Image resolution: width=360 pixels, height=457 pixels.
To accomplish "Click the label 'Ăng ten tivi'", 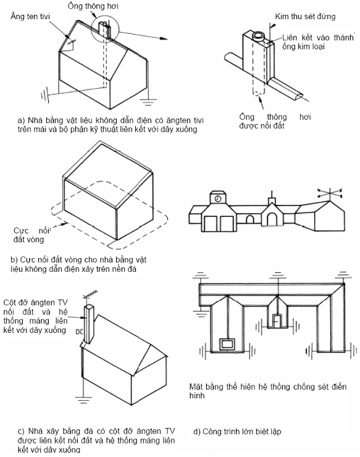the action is click(x=30, y=16).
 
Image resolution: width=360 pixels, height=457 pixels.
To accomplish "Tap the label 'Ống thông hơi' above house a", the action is click(x=93, y=6).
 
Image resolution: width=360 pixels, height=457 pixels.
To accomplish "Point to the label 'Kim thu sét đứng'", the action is click(x=305, y=16).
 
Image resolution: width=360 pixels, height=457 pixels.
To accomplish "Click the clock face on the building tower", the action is click(x=218, y=198).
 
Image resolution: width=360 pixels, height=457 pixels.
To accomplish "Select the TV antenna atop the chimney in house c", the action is click(x=90, y=296).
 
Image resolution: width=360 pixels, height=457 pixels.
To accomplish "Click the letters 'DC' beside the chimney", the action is click(x=79, y=332).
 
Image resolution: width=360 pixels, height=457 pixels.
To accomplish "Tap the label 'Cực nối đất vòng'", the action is click(x=31, y=235).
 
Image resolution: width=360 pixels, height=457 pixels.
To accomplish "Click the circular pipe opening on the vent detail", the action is click(x=259, y=36).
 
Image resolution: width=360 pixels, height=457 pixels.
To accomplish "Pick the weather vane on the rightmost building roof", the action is click(x=330, y=193).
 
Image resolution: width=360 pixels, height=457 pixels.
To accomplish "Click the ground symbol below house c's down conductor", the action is click(x=83, y=400).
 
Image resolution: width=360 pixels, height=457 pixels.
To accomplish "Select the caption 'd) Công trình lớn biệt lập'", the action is click(x=237, y=431).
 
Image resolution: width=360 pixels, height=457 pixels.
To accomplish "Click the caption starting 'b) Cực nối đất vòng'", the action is click(x=78, y=264).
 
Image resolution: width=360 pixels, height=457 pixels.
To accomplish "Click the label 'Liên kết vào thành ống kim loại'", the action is click(x=318, y=42).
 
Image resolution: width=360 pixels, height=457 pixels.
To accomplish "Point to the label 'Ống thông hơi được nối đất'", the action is click(x=275, y=121).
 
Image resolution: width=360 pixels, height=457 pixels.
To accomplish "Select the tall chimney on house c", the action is click(x=89, y=324).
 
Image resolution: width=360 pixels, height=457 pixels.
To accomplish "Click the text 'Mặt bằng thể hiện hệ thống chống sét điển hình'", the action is click(x=267, y=391).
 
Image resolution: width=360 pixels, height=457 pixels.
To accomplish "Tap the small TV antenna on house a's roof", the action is click(x=70, y=44).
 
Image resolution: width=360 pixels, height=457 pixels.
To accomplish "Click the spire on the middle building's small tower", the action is click(x=272, y=195).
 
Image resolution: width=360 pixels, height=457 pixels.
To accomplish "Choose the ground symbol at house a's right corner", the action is click(x=148, y=103).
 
